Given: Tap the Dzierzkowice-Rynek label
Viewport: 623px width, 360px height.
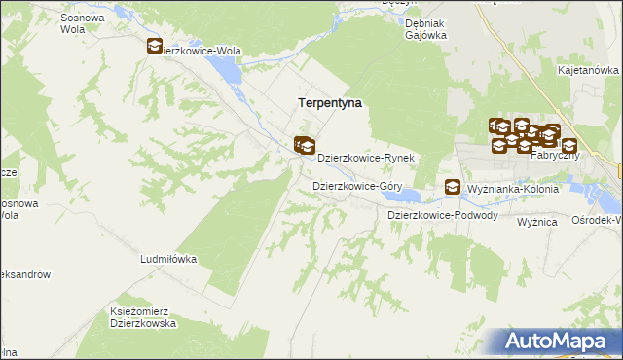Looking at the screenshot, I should pos(367,157).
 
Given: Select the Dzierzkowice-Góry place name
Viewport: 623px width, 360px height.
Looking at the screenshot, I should pos(357,185).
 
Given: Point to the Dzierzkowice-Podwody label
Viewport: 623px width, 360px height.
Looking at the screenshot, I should pos(443,215).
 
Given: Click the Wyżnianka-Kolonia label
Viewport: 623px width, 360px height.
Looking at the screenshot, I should pos(513,189).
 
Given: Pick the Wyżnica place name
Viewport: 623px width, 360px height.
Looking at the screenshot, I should pos(536,222).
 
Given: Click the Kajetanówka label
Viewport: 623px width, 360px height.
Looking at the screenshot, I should pos(589,70).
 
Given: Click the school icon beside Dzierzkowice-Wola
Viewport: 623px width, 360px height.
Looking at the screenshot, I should pos(155,47).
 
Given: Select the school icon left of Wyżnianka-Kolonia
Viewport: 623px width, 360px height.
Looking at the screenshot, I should pos(453,187).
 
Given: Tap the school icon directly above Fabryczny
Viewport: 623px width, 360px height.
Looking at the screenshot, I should pos(568,146).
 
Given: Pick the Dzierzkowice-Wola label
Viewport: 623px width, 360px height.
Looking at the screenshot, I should pos(204,50).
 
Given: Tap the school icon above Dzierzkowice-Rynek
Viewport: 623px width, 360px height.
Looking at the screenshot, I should pos(306,146).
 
